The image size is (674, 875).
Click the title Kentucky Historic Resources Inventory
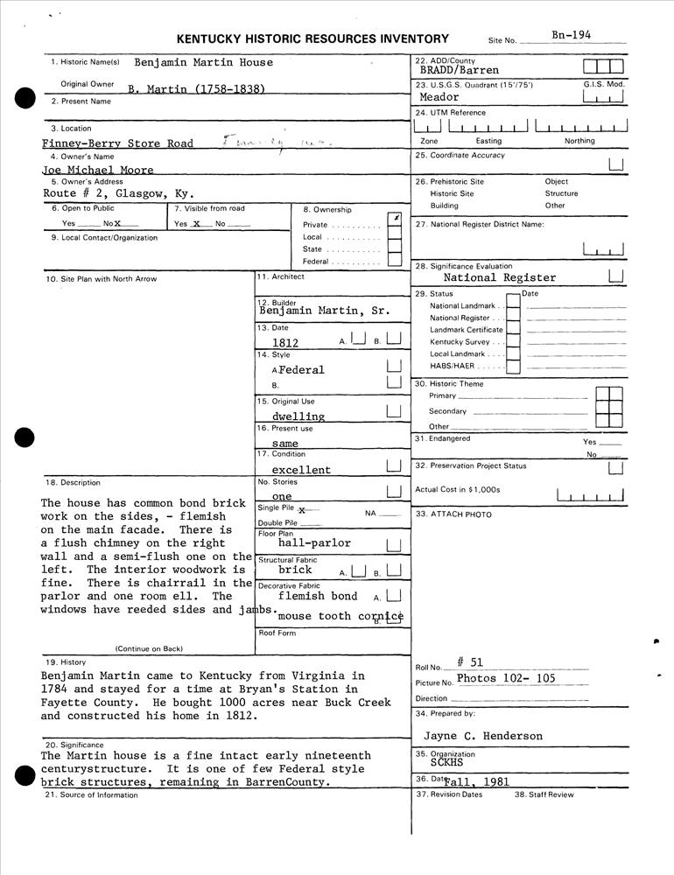coord(312,38)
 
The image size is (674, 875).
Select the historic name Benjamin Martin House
coord(203,62)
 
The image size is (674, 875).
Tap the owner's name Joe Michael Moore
coord(98,170)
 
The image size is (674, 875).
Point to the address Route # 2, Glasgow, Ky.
coord(118,193)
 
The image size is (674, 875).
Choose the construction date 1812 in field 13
coord(285,343)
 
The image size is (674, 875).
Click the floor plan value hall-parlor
coord(314,542)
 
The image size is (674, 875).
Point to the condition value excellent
coord(301,470)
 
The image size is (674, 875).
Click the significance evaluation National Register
coord(499,277)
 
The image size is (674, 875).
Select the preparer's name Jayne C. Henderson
coord(483,736)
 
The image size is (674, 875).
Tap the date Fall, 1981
coord(476,782)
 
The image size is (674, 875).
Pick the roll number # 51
coord(469,662)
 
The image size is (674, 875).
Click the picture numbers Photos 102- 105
coord(506,678)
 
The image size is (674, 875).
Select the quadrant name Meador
coord(439,97)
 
